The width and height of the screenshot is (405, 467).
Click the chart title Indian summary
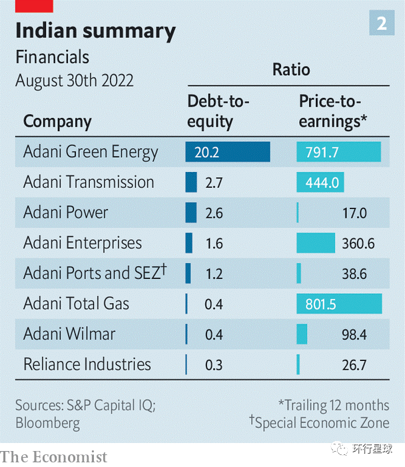[x=95, y=31]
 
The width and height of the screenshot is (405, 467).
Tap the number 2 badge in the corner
[x=382, y=24]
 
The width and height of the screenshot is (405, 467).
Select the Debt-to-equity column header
[x=218, y=111]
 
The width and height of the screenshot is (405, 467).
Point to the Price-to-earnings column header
[x=334, y=111]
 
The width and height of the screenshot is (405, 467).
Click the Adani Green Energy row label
[x=91, y=152]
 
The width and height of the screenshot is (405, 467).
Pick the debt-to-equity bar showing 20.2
[x=228, y=152]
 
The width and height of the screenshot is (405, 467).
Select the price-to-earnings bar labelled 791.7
[x=338, y=152]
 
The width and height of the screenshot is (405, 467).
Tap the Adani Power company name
[x=65, y=213]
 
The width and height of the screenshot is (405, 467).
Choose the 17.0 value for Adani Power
[x=354, y=213]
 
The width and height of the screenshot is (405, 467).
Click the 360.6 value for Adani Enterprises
[x=358, y=243]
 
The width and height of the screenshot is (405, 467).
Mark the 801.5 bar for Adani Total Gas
[x=339, y=304]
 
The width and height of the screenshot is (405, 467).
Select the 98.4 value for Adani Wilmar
[x=354, y=334]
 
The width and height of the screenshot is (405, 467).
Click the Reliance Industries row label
[x=87, y=364]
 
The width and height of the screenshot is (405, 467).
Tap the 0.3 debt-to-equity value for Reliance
[x=214, y=365]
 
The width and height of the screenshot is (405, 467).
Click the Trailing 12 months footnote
[x=334, y=405]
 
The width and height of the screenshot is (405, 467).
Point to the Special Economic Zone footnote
[x=319, y=422]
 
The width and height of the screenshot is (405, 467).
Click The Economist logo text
[x=54, y=456]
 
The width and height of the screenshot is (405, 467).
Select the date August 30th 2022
[x=75, y=81]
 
